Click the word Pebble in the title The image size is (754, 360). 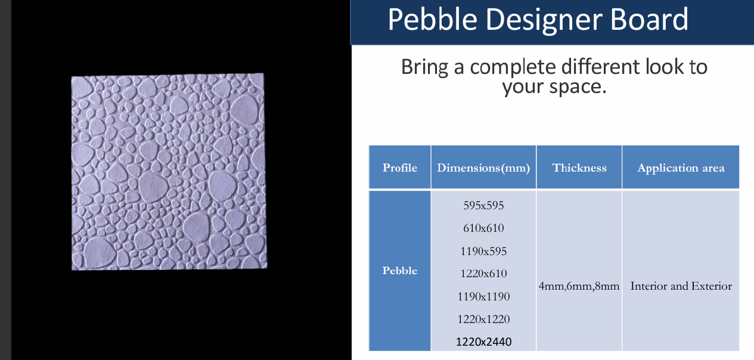point(433,20)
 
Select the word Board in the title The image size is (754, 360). point(649,20)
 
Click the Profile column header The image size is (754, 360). point(400,167)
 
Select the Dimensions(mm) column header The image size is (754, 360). point(483,168)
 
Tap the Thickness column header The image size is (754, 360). point(579,167)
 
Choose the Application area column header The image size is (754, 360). point(681,168)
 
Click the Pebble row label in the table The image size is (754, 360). point(400,271)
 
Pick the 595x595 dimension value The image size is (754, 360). point(483,206)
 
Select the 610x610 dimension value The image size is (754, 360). point(483,228)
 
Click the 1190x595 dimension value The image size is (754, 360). point(483,251)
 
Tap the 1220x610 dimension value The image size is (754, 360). point(483,274)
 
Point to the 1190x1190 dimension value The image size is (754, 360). point(483,296)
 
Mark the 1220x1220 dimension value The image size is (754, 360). point(483,319)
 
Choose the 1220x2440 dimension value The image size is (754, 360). point(483,342)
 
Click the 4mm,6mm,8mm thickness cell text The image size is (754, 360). point(579,286)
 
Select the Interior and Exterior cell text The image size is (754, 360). point(681,286)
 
